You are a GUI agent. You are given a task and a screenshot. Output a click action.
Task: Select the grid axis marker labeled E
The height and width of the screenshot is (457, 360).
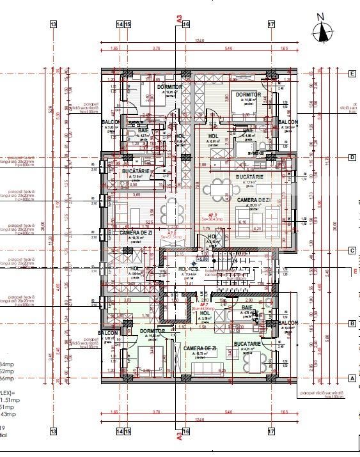[352, 74]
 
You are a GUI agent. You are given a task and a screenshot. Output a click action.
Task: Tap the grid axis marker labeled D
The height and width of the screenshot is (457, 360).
[352, 157]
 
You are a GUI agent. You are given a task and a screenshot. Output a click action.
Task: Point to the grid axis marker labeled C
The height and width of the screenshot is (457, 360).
[352, 251]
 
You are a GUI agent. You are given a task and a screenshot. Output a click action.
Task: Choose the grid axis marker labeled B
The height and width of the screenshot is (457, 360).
[352, 325]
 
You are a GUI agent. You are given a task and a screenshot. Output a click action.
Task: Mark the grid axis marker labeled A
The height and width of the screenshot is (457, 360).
[352, 378]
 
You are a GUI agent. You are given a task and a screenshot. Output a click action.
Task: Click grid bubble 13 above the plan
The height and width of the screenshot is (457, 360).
[53, 24]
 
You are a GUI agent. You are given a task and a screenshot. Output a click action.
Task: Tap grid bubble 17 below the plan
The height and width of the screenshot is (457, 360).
[271, 431]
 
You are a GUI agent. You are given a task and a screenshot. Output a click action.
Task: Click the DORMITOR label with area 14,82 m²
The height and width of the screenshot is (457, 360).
[247, 95]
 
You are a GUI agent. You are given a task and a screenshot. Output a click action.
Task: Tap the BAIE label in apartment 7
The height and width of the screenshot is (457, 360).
[247, 307]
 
